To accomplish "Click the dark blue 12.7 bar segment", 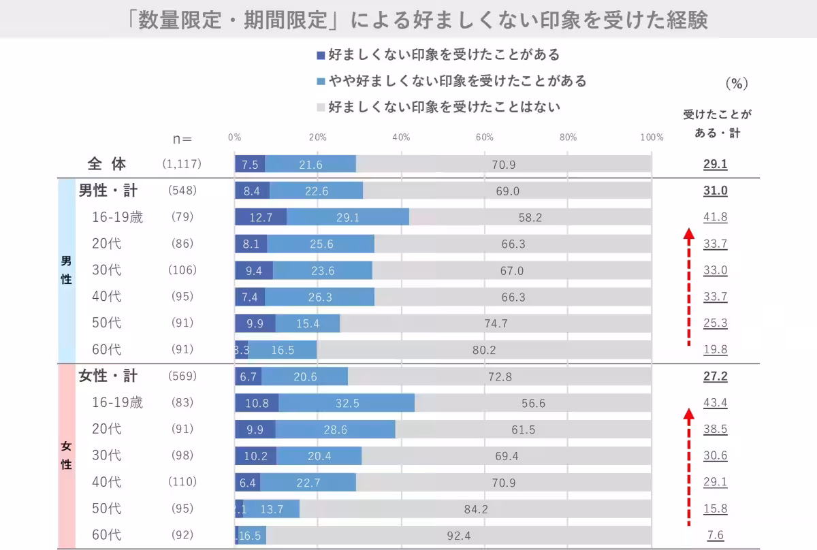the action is point(261,217).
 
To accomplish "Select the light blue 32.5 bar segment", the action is point(347,403).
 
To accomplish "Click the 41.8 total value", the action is point(715,217).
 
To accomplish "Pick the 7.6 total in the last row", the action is point(715,535).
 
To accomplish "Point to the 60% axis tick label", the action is point(484,137).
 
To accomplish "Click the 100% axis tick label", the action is point(652,137).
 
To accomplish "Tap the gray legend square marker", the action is point(321,107).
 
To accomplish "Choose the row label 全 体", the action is point(107,164).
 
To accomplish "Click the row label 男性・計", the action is point(108,191).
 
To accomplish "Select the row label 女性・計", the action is point(108,376).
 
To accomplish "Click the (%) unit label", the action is point(737,84).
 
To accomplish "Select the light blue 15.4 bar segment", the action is point(308,323).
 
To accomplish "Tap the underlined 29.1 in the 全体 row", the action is point(715,164).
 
